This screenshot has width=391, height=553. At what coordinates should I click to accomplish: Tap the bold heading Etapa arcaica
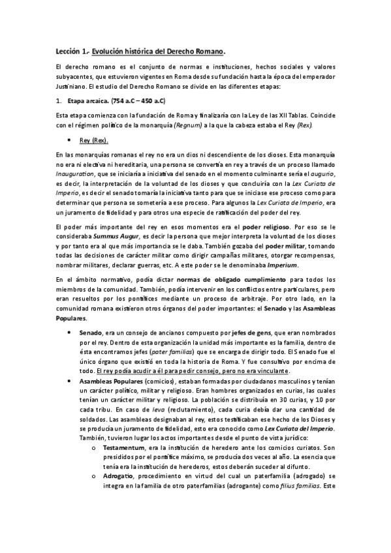tap(90, 101)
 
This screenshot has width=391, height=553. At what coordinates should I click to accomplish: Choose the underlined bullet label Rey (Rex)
tap(94, 140)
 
